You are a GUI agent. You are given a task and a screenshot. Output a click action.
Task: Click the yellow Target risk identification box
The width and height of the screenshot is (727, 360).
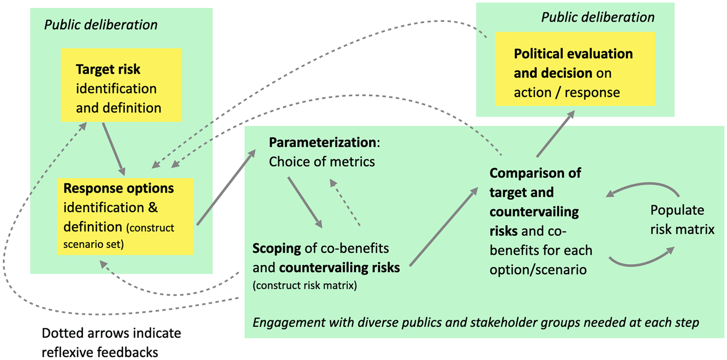click(x=121, y=85)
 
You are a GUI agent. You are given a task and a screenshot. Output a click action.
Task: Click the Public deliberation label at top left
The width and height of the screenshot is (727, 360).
click(x=101, y=25)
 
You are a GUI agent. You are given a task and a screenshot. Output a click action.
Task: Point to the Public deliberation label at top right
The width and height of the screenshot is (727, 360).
click(x=598, y=17)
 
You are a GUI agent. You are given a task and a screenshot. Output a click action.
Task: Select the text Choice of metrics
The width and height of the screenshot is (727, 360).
click(x=322, y=161)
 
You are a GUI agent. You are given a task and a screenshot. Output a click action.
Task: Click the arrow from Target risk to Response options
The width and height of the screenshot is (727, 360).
click(x=113, y=148)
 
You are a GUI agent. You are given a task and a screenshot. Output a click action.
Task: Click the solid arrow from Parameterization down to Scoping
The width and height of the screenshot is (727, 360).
click(x=305, y=201)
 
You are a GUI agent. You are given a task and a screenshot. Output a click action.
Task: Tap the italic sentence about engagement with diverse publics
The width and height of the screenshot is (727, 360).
click(x=475, y=322)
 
